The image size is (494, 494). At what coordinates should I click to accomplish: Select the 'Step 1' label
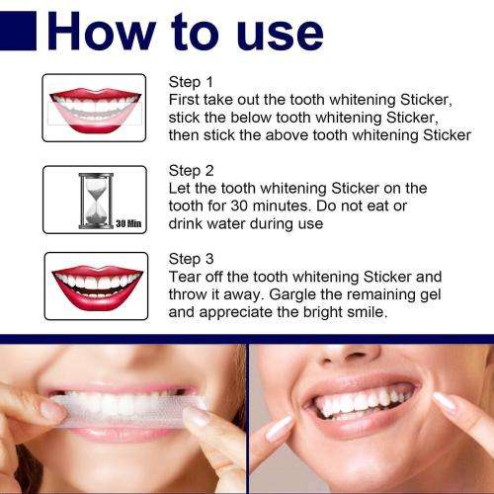pyautogui.click(x=193, y=81)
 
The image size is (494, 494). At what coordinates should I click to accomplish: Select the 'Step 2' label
pyautogui.click(x=193, y=169)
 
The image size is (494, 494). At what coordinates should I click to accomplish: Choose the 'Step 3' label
pyautogui.click(x=193, y=259)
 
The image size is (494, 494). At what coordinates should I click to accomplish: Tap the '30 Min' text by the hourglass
pyautogui.click(x=128, y=224)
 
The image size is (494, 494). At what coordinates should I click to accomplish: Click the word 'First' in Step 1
pyautogui.click(x=188, y=100)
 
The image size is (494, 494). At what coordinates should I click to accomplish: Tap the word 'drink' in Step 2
pyautogui.click(x=191, y=223)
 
